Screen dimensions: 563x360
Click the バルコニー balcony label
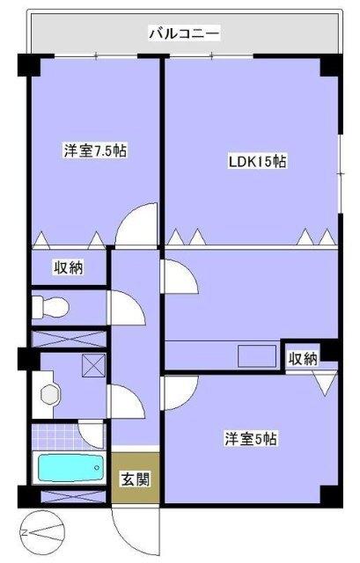(184, 35)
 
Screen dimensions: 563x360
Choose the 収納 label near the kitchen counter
(304, 358)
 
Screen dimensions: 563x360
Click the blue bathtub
(70, 467)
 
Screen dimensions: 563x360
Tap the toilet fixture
(51, 307)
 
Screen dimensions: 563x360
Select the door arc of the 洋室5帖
(179, 391)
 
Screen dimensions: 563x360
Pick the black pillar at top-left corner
(26, 66)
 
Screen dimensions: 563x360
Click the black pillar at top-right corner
(329, 65)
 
